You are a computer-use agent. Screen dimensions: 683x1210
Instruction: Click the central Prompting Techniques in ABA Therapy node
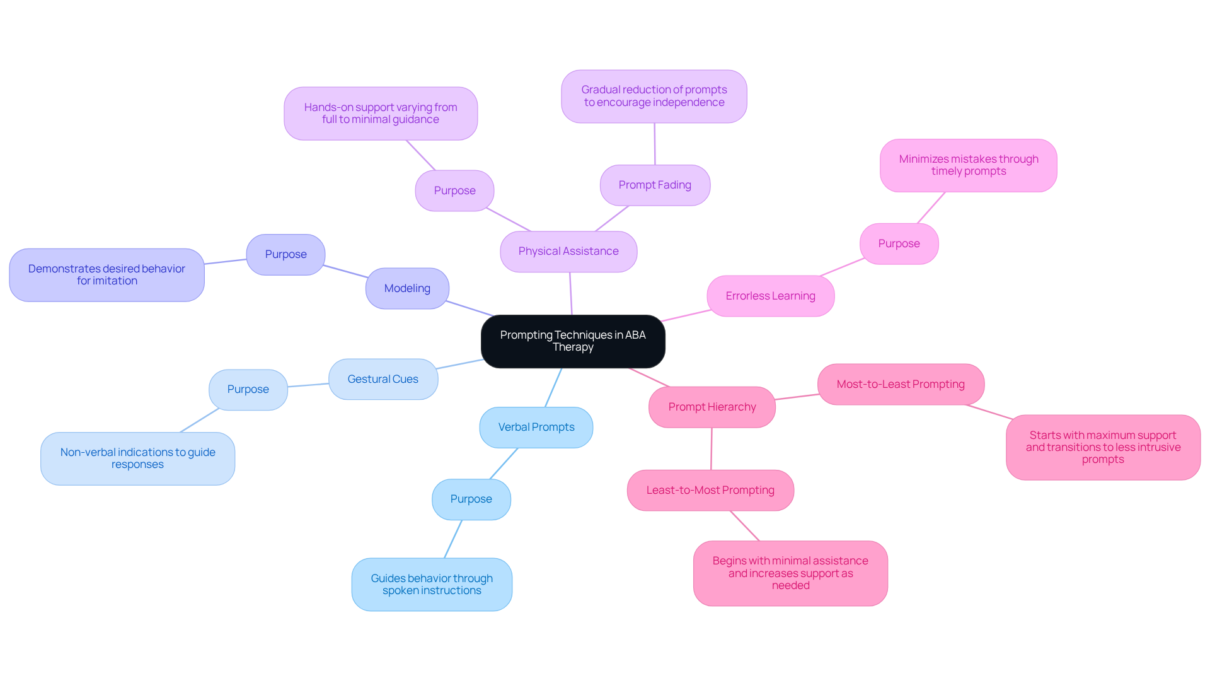coord(572,341)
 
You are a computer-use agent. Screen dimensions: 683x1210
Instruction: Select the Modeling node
coord(407,289)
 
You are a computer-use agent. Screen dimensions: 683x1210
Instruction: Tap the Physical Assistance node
coord(568,252)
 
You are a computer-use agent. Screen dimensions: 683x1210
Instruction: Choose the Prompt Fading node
coord(655,185)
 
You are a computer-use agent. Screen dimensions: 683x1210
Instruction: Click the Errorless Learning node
coord(770,296)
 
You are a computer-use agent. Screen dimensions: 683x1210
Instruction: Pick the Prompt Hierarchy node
coord(712,407)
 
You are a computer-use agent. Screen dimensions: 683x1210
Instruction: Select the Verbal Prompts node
coord(536,428)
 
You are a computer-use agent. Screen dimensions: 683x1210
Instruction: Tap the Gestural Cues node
coord(383,380)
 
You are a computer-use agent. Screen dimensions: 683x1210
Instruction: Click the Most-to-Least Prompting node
coord(901,385)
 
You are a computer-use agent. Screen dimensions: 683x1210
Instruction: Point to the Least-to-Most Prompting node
coord(710,491)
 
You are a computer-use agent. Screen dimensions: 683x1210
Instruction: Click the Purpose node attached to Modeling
coord(285,255)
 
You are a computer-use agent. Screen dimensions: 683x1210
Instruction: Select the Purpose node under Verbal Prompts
coord(471,499)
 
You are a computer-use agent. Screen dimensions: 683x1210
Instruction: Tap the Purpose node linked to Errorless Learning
coord(899,244)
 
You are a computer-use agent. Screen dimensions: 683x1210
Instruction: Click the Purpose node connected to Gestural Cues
coord(248,390)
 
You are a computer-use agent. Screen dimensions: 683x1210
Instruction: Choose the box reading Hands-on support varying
coord(381,114)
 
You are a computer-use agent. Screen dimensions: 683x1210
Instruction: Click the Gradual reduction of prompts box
coord(654,96)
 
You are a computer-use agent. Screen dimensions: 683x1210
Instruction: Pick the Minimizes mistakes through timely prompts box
coord(968,166)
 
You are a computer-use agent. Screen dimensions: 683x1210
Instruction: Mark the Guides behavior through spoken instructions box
coord(432,585)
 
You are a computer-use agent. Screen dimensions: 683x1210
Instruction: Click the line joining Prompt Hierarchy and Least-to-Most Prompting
coord(712,449)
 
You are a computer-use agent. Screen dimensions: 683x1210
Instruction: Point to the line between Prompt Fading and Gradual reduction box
coord(655,144)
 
